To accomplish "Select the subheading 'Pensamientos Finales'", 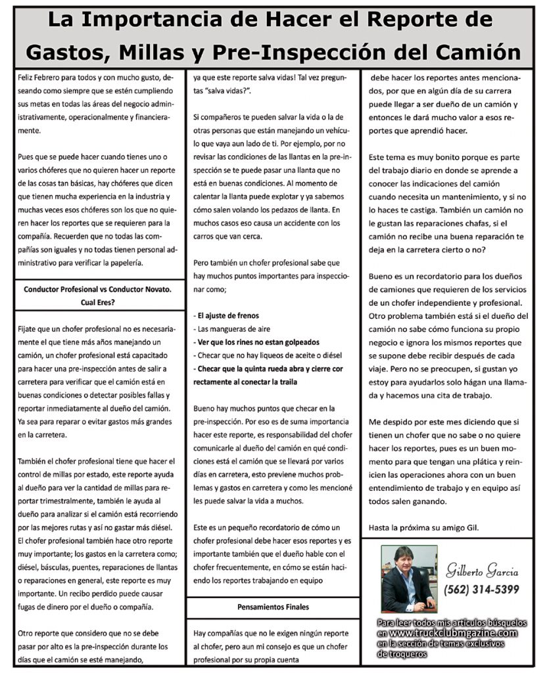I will tap(273, 607).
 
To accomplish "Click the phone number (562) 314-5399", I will tap(482, 589).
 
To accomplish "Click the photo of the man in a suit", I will tap(408, 578).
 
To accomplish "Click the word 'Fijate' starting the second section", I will tap(28, 328).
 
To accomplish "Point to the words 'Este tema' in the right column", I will tap(387, 158).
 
